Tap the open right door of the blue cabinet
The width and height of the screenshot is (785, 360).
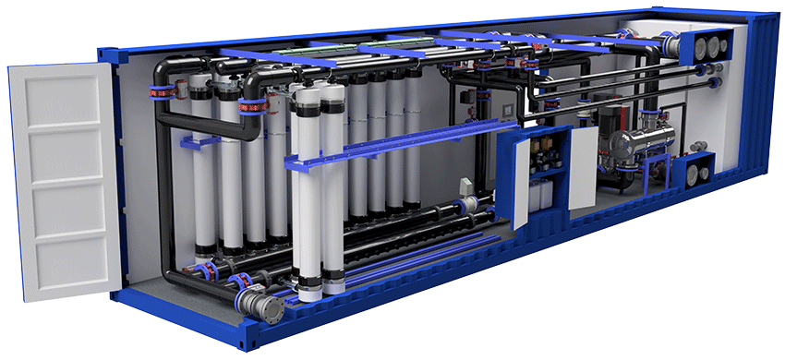(x=583, y=167)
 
